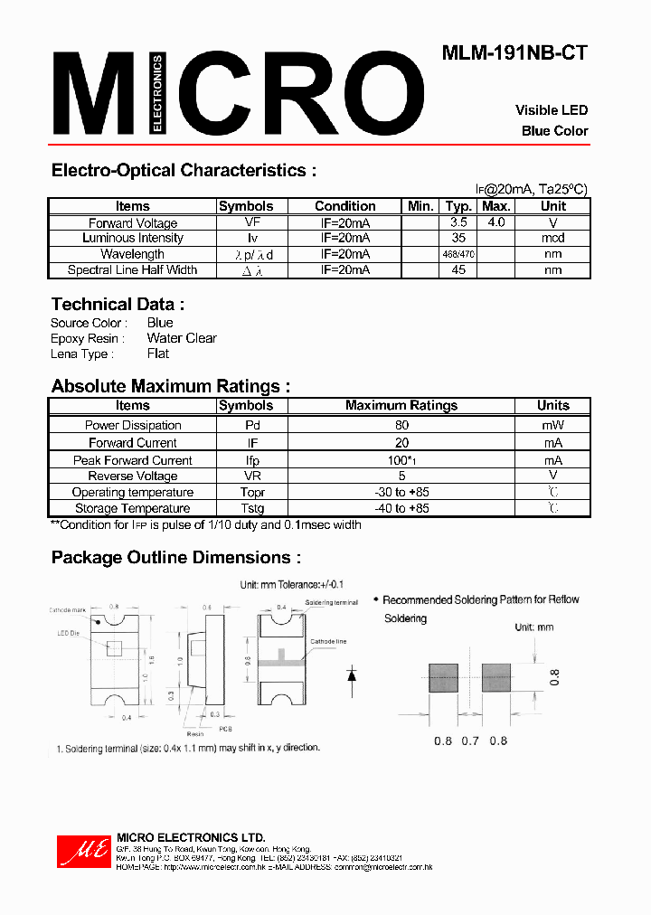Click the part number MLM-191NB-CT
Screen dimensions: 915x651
(514, 53)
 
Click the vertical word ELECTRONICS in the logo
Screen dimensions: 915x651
(157, 95)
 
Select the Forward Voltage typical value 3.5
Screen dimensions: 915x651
(458, 222)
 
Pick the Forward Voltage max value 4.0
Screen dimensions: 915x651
(495, 222)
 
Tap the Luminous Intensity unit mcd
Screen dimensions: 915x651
(552, 239)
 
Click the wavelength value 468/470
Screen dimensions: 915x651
(458, 255)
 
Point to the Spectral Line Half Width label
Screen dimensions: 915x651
(132, 270)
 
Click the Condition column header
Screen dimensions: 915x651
(344, 206)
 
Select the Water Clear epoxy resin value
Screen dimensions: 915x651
(182, 338)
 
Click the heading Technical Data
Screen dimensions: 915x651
(118, 305)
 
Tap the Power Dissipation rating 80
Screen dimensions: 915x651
(401, 425)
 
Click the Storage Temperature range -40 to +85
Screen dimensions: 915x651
(401, 509)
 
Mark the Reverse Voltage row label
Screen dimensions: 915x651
(132, 476)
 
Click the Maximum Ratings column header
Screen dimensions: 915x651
(401, 406)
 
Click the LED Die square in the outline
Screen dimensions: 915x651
(115, 648)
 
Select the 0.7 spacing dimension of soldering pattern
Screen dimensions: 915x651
(469, 740)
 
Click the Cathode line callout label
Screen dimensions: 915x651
(328, 641)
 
